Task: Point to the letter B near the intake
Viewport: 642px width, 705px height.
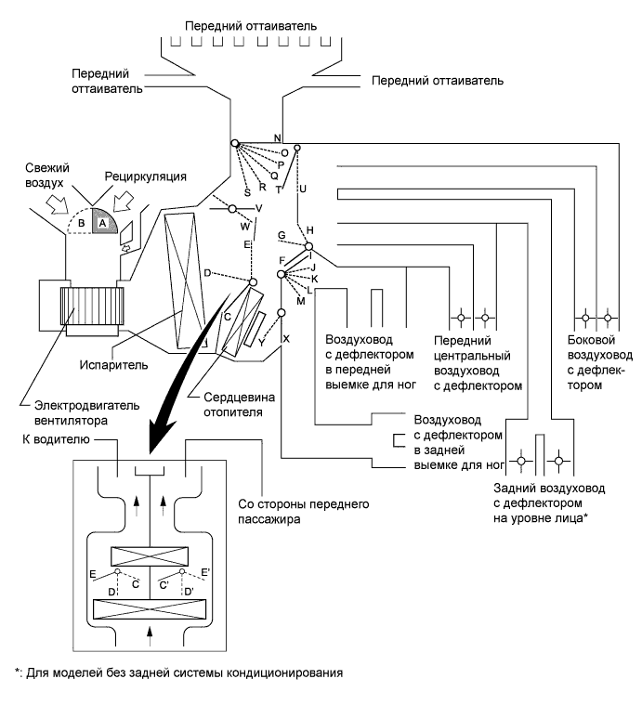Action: click(82, 223)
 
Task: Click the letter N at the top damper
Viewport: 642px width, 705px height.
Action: click(277, 137)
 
